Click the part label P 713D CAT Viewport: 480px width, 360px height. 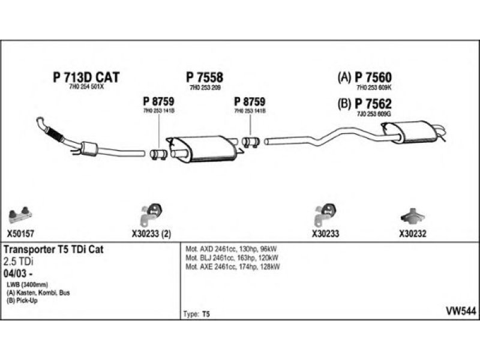click(x=86, y=77)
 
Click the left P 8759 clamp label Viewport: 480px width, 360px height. click(x=158, y=101)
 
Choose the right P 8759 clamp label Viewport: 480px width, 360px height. click(x=250, y=101)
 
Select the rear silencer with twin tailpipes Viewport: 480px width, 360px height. click(x=408, y=132)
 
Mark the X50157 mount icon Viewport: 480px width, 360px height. click(x=21, y=212)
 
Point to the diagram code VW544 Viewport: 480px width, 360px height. click(x=461, y=310)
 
